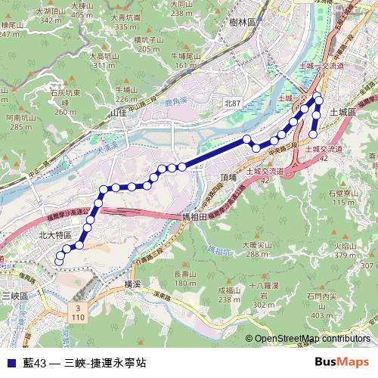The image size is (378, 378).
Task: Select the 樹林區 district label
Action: [x=243, y=24]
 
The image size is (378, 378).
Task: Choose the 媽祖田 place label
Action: [x=197, y=217]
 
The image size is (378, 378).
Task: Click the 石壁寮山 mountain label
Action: [x=342, y=194]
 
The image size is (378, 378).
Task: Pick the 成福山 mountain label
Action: [x=229, y=290]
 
